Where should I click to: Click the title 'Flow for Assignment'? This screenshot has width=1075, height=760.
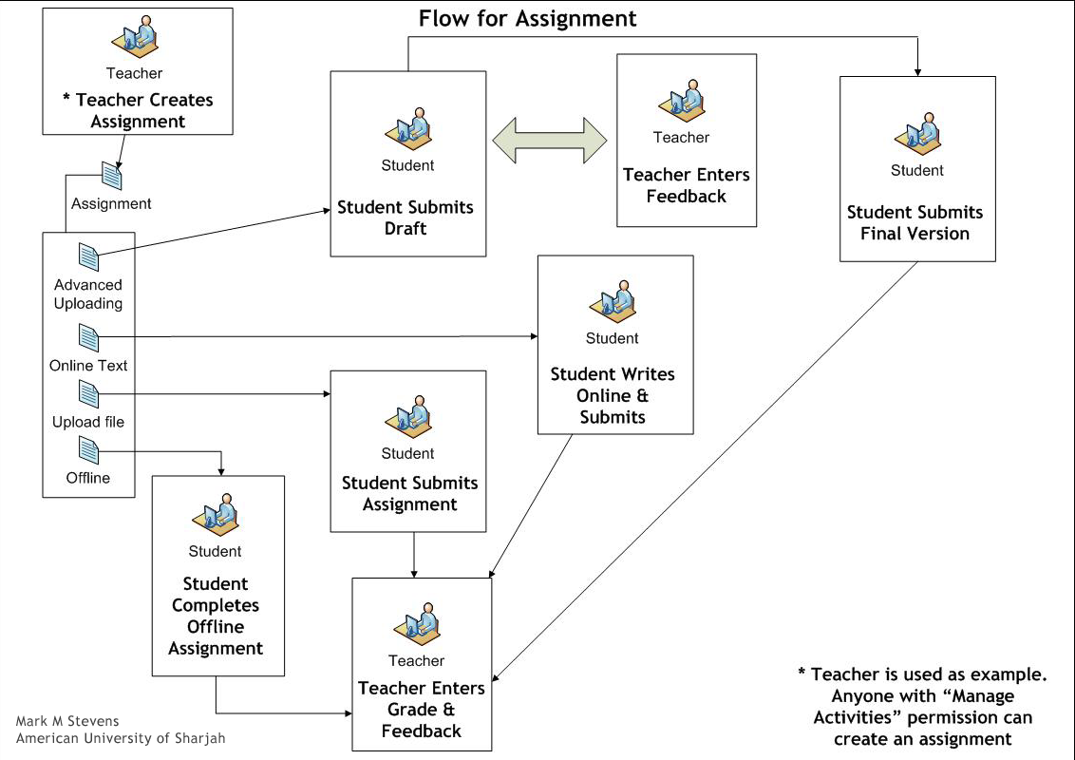[x=528, y=19]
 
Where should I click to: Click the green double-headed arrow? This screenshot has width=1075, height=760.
[x=550, y=140]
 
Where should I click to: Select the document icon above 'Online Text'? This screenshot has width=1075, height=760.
[x=88, y=337]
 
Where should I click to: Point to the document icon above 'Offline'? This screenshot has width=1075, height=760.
[x=88, y=449]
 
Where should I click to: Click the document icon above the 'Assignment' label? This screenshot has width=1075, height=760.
[x=112, y=176]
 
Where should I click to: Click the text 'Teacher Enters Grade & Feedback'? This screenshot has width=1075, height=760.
[x=422, y=710]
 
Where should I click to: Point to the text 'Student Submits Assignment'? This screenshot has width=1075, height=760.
[x=409, y=494]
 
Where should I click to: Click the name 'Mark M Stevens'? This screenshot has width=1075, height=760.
[x=67, y=721]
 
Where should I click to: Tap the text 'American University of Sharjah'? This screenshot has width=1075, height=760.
[x=121, y=739]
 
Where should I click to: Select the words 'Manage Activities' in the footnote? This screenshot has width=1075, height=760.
[x=922, y=707]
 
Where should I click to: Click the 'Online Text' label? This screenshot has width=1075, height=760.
[x=88, y=366]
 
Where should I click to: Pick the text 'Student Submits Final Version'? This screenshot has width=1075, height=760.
[x=915, y=223]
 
